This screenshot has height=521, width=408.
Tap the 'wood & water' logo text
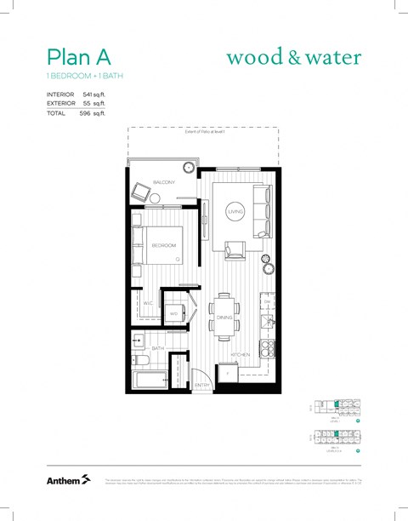tap(293, 58)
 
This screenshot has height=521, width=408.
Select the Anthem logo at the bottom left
tap(68, 481)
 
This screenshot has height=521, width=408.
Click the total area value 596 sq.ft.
tap(92, 112)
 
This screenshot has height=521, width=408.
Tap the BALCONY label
tap(164, 183)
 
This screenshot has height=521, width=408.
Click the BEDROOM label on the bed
tap(163, 245)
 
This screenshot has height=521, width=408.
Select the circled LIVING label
tap(235, 211)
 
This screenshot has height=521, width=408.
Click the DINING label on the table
tap(225, 318)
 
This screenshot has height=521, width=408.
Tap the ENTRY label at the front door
tap(201, 386)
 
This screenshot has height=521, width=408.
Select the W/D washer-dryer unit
tap(174, 313)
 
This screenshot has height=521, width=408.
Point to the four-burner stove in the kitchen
tap(267, 348)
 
